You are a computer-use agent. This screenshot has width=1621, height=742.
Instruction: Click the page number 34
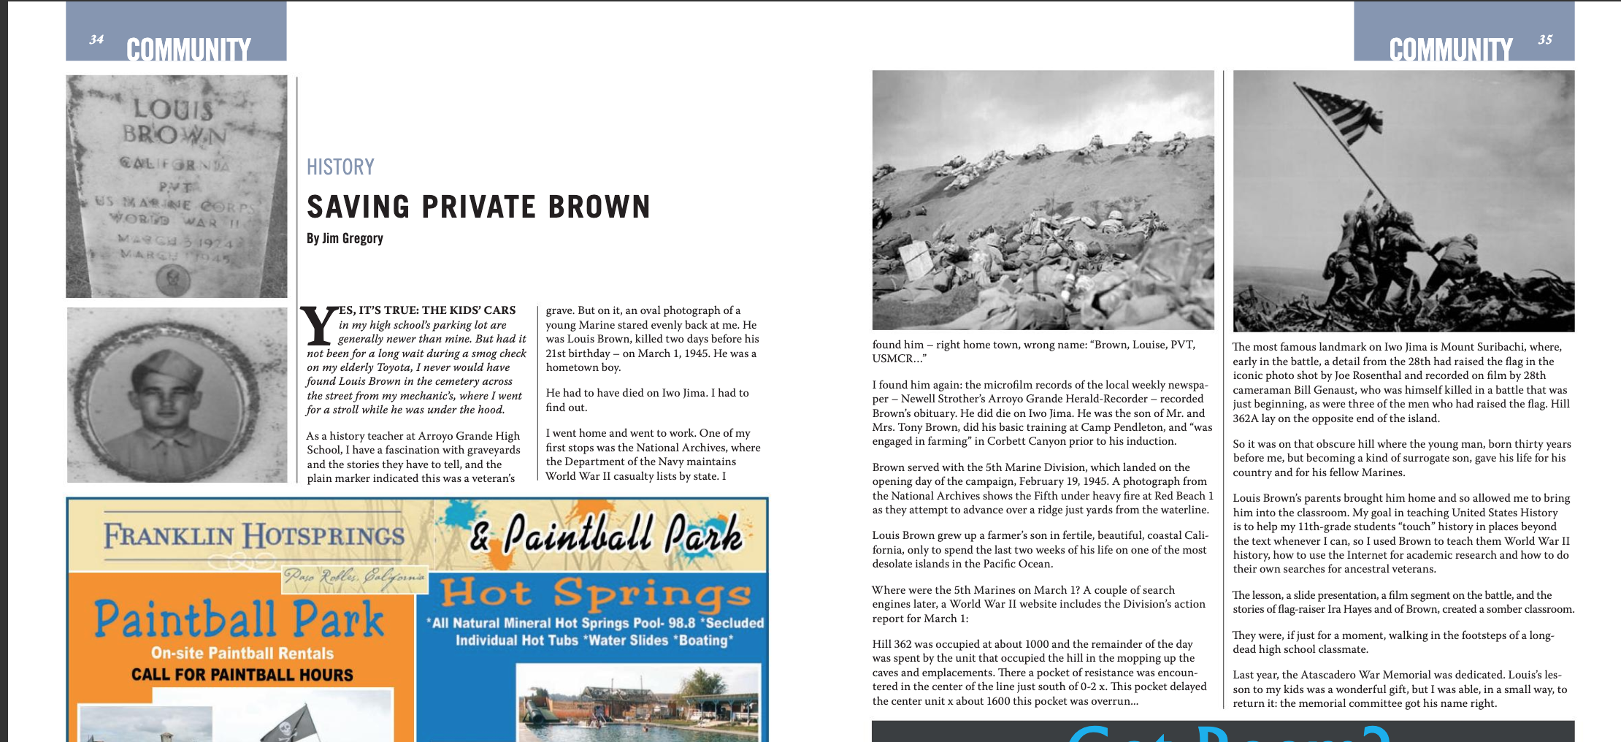[96, 39]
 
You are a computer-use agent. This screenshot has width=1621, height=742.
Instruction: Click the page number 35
[1544, 39]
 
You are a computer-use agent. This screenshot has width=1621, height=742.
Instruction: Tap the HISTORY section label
[340, 167]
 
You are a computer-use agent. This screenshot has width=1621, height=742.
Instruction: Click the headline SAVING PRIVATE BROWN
[478, 207]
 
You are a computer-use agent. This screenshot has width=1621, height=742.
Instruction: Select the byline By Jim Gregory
[345, 238]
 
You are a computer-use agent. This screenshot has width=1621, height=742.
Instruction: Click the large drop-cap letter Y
[319, 326]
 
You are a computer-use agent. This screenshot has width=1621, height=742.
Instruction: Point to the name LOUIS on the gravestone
[173, 109]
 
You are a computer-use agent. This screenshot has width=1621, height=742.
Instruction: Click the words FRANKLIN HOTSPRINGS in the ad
[253, 535]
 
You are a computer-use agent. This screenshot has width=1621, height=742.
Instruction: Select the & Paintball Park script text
[606, 534]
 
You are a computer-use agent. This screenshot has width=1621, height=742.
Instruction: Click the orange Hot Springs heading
[595, 593]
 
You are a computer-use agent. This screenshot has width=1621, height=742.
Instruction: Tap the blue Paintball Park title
[239, 619]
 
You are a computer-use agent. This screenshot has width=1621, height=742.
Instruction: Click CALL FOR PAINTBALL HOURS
[242, 674]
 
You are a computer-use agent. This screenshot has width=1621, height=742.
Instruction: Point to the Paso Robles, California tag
[355, 577]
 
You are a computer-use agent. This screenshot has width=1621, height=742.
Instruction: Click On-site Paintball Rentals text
[242, 653]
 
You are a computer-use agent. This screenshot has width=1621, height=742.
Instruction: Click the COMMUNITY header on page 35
[1450, 50]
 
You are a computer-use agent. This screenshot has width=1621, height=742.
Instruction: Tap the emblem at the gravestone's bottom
[174, 279]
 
